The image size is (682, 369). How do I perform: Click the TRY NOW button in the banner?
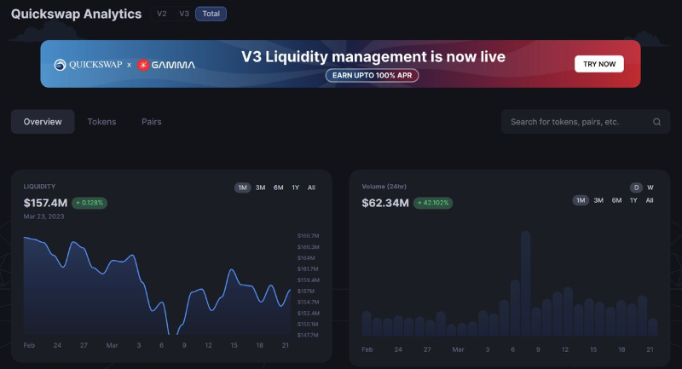coord(598,64)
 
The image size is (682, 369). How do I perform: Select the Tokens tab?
coord(101,122)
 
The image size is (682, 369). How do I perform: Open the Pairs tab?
coord(151,122)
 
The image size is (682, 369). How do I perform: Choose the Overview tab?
coord(43,122)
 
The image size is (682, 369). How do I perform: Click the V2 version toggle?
coord(162,14)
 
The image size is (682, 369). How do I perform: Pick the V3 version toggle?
coord(184,14)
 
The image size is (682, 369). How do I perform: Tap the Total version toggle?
coord(211,14)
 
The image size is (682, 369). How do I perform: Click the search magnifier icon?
coord(657,122)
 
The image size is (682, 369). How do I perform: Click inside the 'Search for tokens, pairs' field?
coord(571,122)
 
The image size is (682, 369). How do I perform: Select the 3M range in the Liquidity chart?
coord(260,187)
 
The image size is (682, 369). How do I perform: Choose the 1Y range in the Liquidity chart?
coord(295,187)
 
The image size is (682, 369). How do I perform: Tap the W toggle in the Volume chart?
coord(650,187)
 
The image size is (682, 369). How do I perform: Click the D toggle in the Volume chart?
coord(636,187)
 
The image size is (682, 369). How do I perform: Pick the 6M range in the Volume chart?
coord(616,200)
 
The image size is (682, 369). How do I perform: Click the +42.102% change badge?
coord(434,204)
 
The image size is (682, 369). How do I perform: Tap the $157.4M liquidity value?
coord(45,203)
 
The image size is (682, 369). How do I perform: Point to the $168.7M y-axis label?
coord(308,235)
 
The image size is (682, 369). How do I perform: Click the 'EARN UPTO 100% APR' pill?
coord(372,75)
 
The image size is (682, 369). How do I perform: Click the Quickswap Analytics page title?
coord(76,14)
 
